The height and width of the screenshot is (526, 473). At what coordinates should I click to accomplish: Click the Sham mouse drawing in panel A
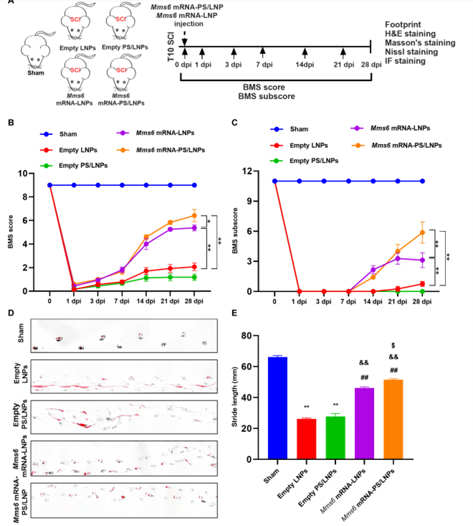tap(36, 50)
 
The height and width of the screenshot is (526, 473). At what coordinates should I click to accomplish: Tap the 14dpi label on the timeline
tap(305, 65)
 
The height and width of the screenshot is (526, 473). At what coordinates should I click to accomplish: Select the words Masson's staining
tap(420, 42)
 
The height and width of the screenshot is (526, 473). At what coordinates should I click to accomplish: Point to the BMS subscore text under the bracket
tap(267, 96)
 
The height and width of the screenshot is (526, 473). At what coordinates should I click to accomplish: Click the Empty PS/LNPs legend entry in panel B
tap(74, 165)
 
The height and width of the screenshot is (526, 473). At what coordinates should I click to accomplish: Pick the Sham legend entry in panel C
tap(290, 129)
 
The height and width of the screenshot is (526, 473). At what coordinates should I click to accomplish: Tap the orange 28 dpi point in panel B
tap(194, 216)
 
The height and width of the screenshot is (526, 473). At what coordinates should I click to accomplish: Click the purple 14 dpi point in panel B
tap(146, 244)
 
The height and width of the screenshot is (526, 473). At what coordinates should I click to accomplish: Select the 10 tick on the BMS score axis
tap(23, 174)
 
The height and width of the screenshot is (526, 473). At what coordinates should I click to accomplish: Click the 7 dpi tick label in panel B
tap(122, 301)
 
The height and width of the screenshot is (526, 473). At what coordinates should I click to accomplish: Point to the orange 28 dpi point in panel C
tap(422, 233)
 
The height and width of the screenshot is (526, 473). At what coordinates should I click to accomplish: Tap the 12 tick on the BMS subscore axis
tap(247, 171)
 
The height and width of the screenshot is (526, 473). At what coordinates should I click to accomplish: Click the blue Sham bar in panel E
tap(277, 408)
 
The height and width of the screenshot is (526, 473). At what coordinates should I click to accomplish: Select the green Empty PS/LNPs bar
tap(335, 438)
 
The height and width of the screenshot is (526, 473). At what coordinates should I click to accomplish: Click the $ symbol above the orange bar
tap(393, 345)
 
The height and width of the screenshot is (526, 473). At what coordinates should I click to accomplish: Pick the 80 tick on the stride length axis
tap(247, 335)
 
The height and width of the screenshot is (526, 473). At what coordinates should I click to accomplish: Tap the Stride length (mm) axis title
tap(234, 397)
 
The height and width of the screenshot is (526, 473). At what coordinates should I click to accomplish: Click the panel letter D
tap(11, 313)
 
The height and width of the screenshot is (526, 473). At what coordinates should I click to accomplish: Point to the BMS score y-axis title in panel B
tap(10, 232)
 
